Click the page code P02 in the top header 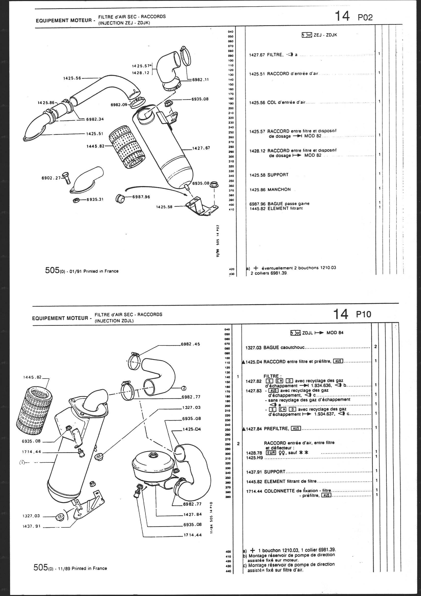click(365, 17)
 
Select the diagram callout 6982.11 click(200, 80)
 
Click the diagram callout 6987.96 click(141, 197)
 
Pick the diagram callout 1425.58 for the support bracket click(164, 207)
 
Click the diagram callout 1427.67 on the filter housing click(201, 148)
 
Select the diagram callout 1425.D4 click(192, 429)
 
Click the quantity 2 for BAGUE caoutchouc click(375, 346)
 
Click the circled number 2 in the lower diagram click(183, 388)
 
